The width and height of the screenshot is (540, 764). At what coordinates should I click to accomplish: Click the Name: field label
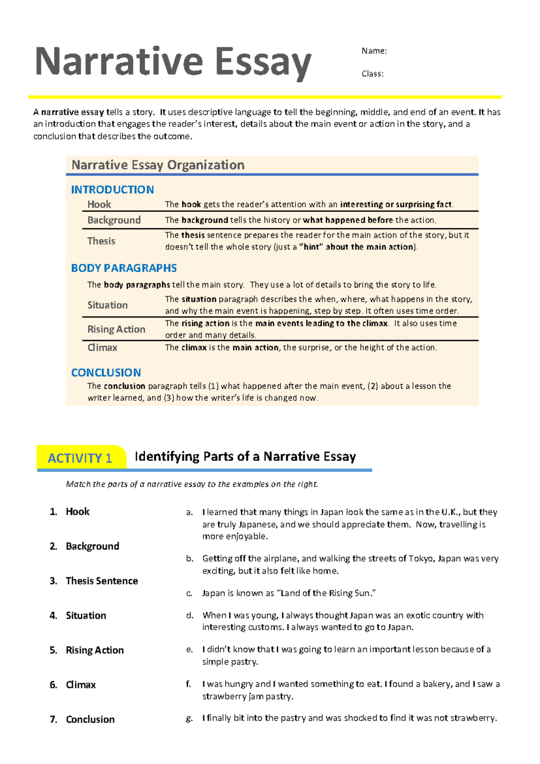point(374,51)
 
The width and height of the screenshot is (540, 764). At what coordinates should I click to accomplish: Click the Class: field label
point(373,74)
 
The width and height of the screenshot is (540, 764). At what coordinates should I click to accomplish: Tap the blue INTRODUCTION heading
point(112,190)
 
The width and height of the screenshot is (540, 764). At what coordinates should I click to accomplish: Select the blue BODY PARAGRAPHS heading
point(124,268)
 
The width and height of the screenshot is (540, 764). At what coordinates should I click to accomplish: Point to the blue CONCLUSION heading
point(106,373)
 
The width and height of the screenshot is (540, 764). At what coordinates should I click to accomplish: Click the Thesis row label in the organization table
point(101,241)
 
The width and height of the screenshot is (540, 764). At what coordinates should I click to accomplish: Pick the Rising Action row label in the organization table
point(116,329)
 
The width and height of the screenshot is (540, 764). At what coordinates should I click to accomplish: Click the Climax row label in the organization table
point(102,348)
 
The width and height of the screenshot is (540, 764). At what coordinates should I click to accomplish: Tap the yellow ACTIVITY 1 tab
point(80,458)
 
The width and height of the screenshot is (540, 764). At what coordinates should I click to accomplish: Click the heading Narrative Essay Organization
point(158,165)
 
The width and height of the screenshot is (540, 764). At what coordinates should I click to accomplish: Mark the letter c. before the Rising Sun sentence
point(189,593)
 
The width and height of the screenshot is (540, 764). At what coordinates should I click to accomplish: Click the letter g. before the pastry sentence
point(189,719)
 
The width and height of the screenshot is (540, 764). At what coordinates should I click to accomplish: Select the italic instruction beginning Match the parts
point(192,484)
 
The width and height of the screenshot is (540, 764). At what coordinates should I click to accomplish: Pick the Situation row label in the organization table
point(108,305)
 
